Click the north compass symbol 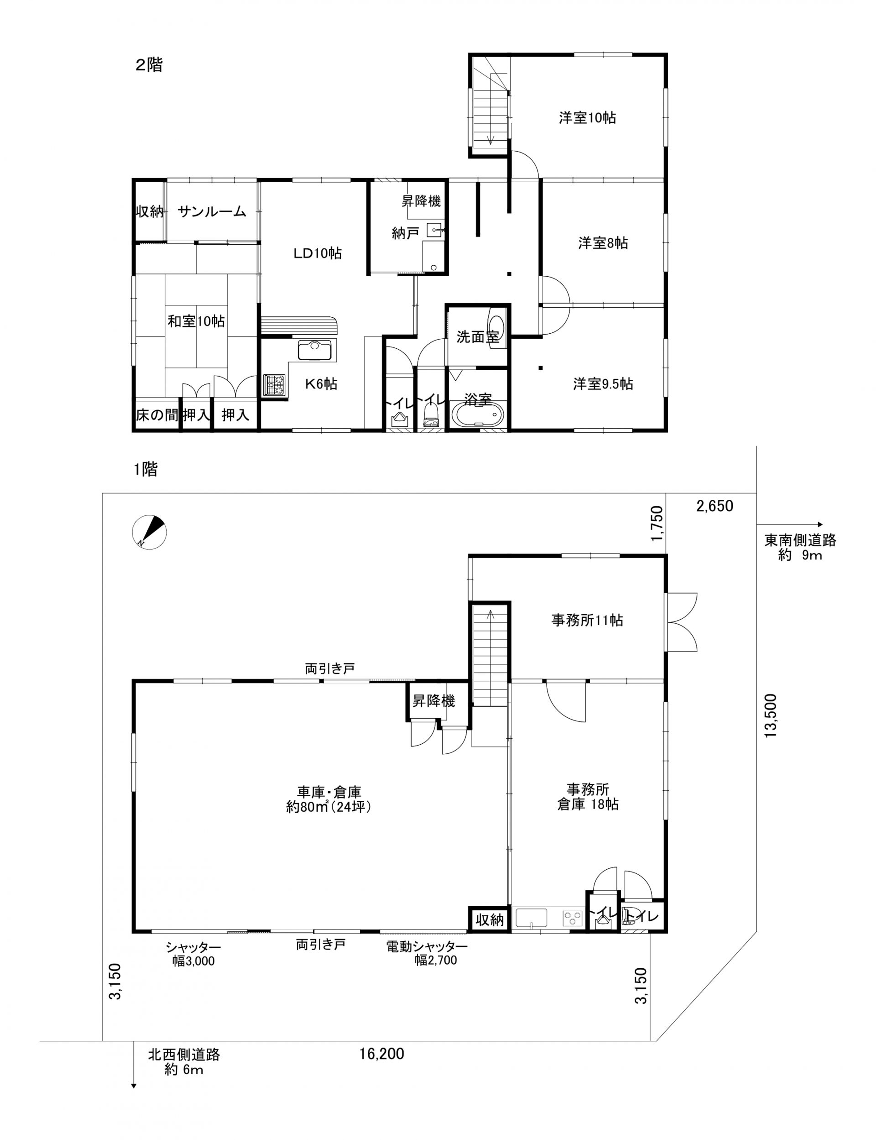[150, 533]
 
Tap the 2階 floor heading [149, 65]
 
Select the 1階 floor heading [146, 470]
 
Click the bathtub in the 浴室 [478, 415]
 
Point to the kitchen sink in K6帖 [314, 350]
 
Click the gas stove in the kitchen [274, 384]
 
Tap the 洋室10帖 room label [587, 118]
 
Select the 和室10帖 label [196, 321]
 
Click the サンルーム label [212, 211]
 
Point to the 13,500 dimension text [771, 715]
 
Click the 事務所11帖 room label [587, 620]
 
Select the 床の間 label [156, 415]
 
